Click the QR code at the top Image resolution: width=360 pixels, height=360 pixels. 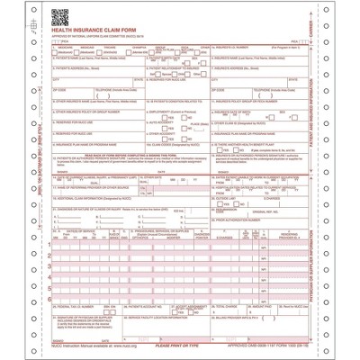coord(58,17)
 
